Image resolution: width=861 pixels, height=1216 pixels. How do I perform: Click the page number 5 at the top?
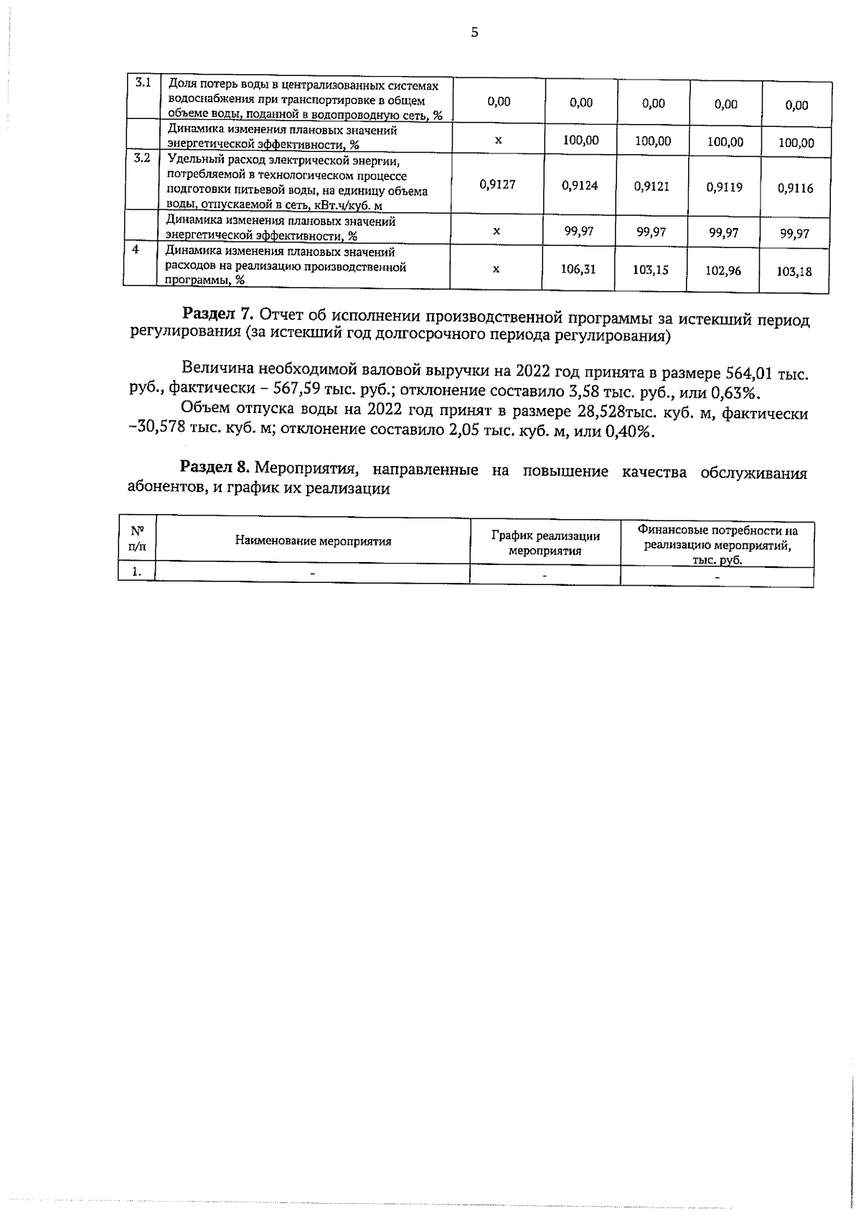click(474, 32)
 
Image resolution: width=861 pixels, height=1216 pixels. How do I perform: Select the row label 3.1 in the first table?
click(143, 82)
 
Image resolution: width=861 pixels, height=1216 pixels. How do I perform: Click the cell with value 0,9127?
click(497, 184)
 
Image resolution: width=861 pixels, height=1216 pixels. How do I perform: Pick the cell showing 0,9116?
click(795, 189)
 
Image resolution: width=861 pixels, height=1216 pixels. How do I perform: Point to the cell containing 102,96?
click(723, 272)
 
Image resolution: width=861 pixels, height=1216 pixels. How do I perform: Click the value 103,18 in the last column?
click(794, 272)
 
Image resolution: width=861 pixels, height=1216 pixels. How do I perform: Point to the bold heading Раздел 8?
click(215, 468)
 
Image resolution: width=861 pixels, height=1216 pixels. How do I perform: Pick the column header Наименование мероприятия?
click(313, 541)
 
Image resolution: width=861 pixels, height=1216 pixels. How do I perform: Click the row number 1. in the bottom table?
click(136, 572)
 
